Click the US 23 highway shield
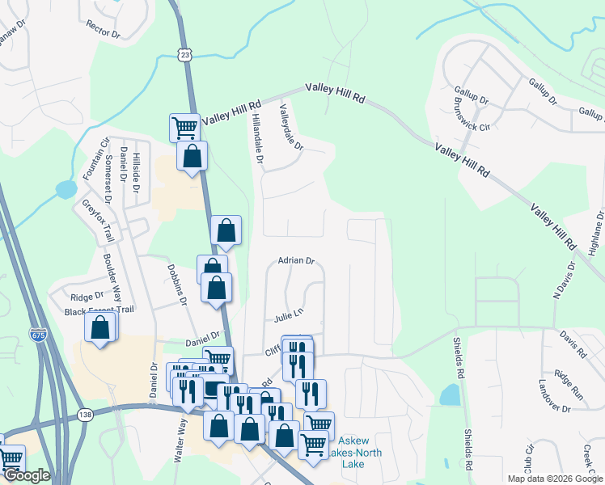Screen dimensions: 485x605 185,54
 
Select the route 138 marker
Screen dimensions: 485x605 84,414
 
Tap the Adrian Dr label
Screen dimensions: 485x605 295,260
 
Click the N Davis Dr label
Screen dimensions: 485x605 564,278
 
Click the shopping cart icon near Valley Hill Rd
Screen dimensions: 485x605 185,126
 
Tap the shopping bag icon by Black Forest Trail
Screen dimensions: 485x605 99,327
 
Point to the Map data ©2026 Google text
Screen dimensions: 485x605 553,479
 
